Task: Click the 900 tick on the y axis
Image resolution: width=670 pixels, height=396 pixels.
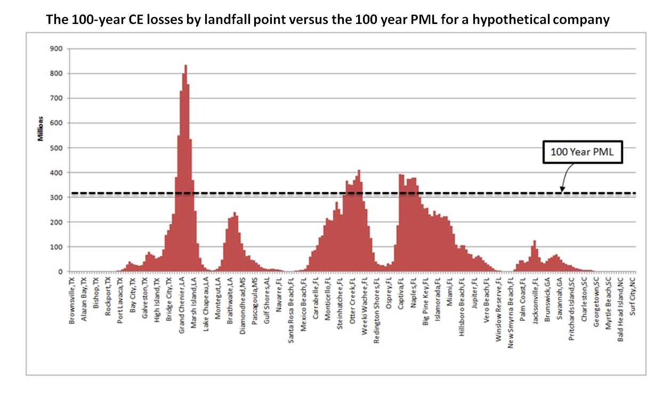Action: [56, 49]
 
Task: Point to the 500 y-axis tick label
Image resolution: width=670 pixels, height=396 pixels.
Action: [56, 148]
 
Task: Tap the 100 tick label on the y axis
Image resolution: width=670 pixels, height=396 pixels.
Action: [56, 247]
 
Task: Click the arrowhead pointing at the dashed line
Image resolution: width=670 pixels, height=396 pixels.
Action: [561, 189]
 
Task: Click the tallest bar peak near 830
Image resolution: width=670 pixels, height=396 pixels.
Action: [185, 66]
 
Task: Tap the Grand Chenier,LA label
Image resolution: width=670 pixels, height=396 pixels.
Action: [181, 301]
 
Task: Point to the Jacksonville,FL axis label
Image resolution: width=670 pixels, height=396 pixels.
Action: [535, 299]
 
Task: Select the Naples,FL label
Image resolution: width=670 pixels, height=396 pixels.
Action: [413, 293]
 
